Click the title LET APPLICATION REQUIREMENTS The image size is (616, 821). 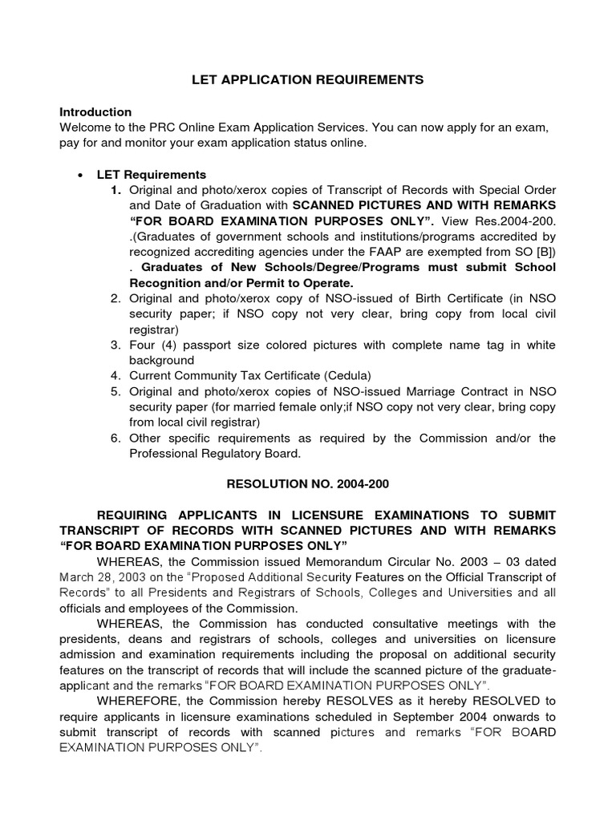click(307, 80)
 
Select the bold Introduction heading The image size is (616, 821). click(95, 112)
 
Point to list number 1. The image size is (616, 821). click(115, 190)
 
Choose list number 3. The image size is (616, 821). click(115, 346)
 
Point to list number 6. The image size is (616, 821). click(115, 439)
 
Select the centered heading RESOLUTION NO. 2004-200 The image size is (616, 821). click(307, 485)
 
